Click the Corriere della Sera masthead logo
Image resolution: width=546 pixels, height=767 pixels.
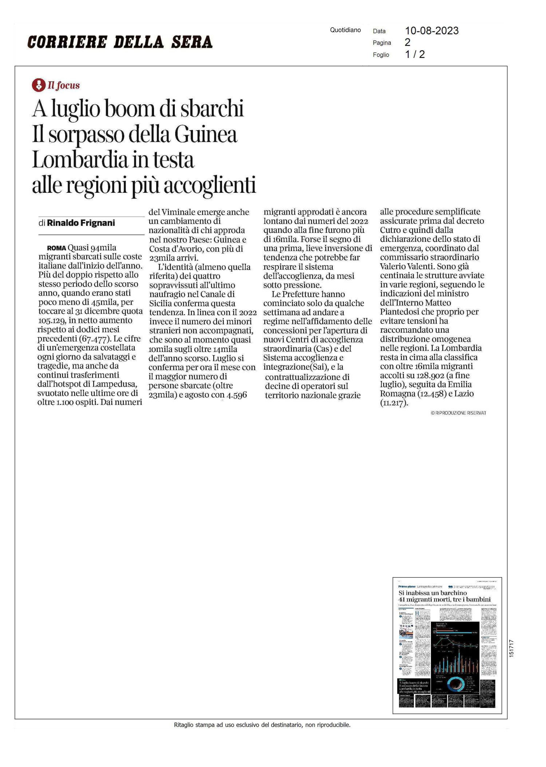[x=120, y=42]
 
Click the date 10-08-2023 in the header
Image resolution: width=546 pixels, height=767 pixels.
[x=432, y=31]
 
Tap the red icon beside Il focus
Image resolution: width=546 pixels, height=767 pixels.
[x=38, y=85]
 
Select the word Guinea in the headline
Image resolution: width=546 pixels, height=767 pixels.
[x=206, y=134]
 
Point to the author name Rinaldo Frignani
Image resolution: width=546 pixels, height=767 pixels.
[x=81, y=223]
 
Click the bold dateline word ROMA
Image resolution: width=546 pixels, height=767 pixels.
[x=56, y=248]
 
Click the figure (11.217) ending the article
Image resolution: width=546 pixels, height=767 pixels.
[x=394, y=403]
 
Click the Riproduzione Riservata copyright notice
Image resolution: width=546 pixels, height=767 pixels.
[x=458, y=413]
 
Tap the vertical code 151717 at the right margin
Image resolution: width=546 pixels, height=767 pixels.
[x=511, y=649]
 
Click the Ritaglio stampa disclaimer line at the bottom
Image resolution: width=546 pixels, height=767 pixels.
[x=262, y=725]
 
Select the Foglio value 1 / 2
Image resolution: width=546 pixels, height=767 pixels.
[x=415, y=55]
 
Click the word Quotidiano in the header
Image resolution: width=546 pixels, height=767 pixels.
[x=345, y=30]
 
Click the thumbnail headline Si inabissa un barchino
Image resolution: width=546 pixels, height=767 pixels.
[x=432, y=593]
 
